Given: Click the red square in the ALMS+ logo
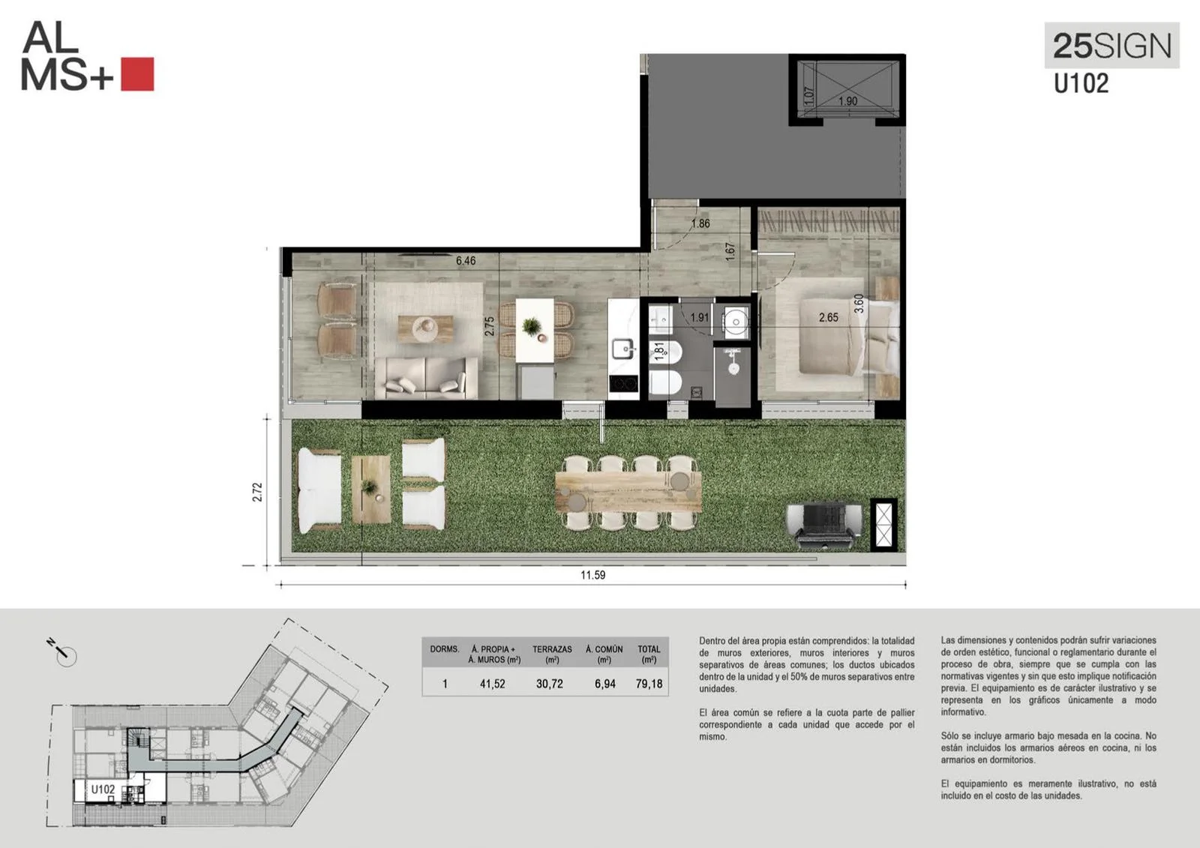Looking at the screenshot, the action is pos(137,74).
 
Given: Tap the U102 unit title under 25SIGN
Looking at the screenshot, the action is pos(1081,83).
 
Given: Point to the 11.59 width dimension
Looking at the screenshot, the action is pos(593,575).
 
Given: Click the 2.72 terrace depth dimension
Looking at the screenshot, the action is pos(258,492).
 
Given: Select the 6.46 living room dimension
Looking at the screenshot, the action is pos(466,261).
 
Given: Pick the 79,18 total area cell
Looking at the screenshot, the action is pos(649,684).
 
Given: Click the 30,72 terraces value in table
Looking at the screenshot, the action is pos(550,684).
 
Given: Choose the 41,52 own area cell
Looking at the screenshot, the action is pos(492,684).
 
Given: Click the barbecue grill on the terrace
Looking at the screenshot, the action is pos(825,525).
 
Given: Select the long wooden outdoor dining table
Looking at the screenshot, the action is pos(628,492).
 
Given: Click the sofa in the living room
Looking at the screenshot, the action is pos(426,378).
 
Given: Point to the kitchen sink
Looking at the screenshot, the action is pos(623,348).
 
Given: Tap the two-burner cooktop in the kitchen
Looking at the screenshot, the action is pos(623,383).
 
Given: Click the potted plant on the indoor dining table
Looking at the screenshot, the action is pos(531,325).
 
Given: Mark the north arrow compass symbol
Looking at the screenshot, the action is pos(64,652).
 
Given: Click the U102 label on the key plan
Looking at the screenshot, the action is pos(103,790).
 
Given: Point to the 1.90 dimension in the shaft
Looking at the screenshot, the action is pos(847,100).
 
